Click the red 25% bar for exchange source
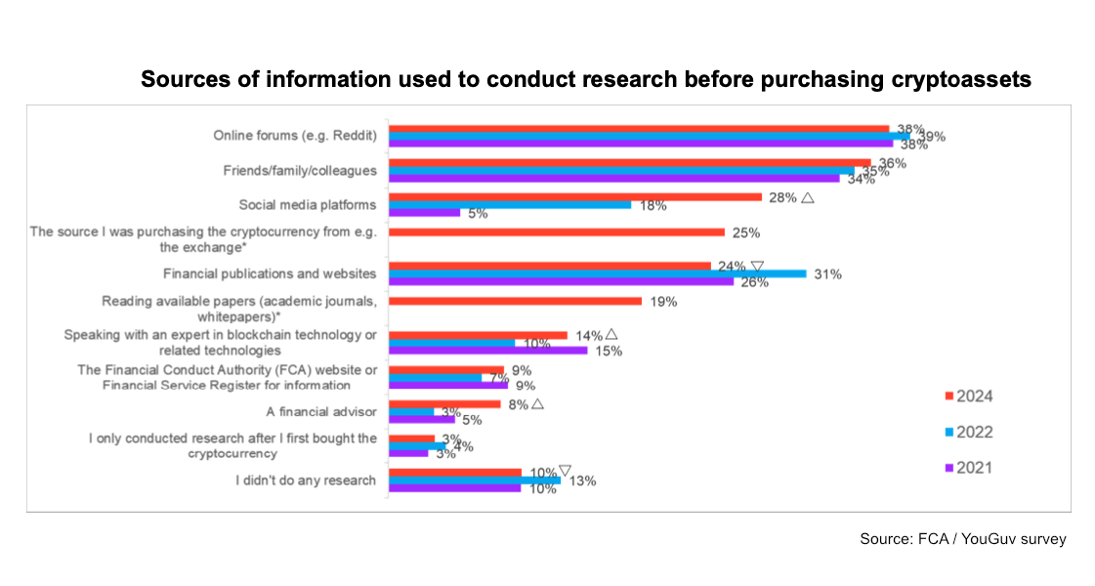557,232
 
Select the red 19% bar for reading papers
515,301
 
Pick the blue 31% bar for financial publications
598,273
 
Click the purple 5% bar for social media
425,212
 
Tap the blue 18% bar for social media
510,205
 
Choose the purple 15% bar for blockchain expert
488,350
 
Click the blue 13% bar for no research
475,481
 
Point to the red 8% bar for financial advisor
444,403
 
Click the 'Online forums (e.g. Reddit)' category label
295,135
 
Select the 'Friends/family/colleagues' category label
300,170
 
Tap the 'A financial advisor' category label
321,411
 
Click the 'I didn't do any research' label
306,480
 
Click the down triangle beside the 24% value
756,265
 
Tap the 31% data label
827,274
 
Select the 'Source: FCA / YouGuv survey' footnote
962,539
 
